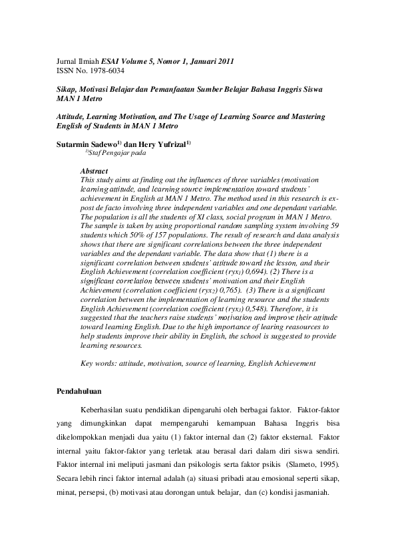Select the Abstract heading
(94, 171)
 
